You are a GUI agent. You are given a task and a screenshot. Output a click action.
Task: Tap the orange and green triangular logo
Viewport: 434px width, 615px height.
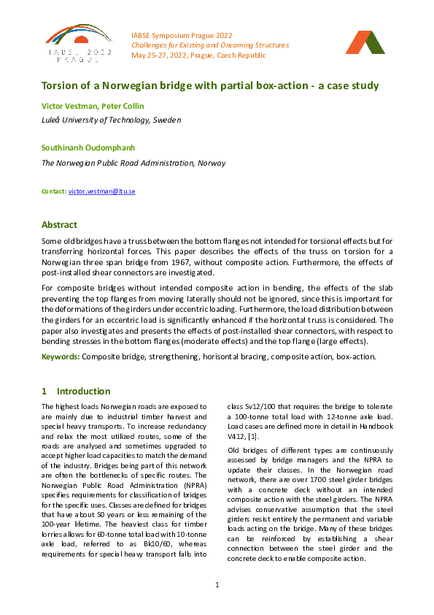(x=365, y=43)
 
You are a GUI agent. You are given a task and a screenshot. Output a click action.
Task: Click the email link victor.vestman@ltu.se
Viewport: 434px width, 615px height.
(x=102, y=191)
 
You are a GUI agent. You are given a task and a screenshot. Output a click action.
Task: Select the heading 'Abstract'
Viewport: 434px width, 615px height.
(x=59, y=225)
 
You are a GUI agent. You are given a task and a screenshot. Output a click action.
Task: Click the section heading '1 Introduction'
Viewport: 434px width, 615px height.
(x=76, y=391)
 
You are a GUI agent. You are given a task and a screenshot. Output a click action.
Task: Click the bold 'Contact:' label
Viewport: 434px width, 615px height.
(x=54, y=191)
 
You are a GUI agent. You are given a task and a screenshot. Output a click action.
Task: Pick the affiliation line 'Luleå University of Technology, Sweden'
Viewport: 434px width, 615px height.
(x=111, y=120)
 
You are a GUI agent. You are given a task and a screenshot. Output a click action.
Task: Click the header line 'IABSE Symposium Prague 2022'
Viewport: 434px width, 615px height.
(x=181, y=34)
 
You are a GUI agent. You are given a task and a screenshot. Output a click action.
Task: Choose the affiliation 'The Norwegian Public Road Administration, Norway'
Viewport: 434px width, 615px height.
(x=133, y=163)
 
